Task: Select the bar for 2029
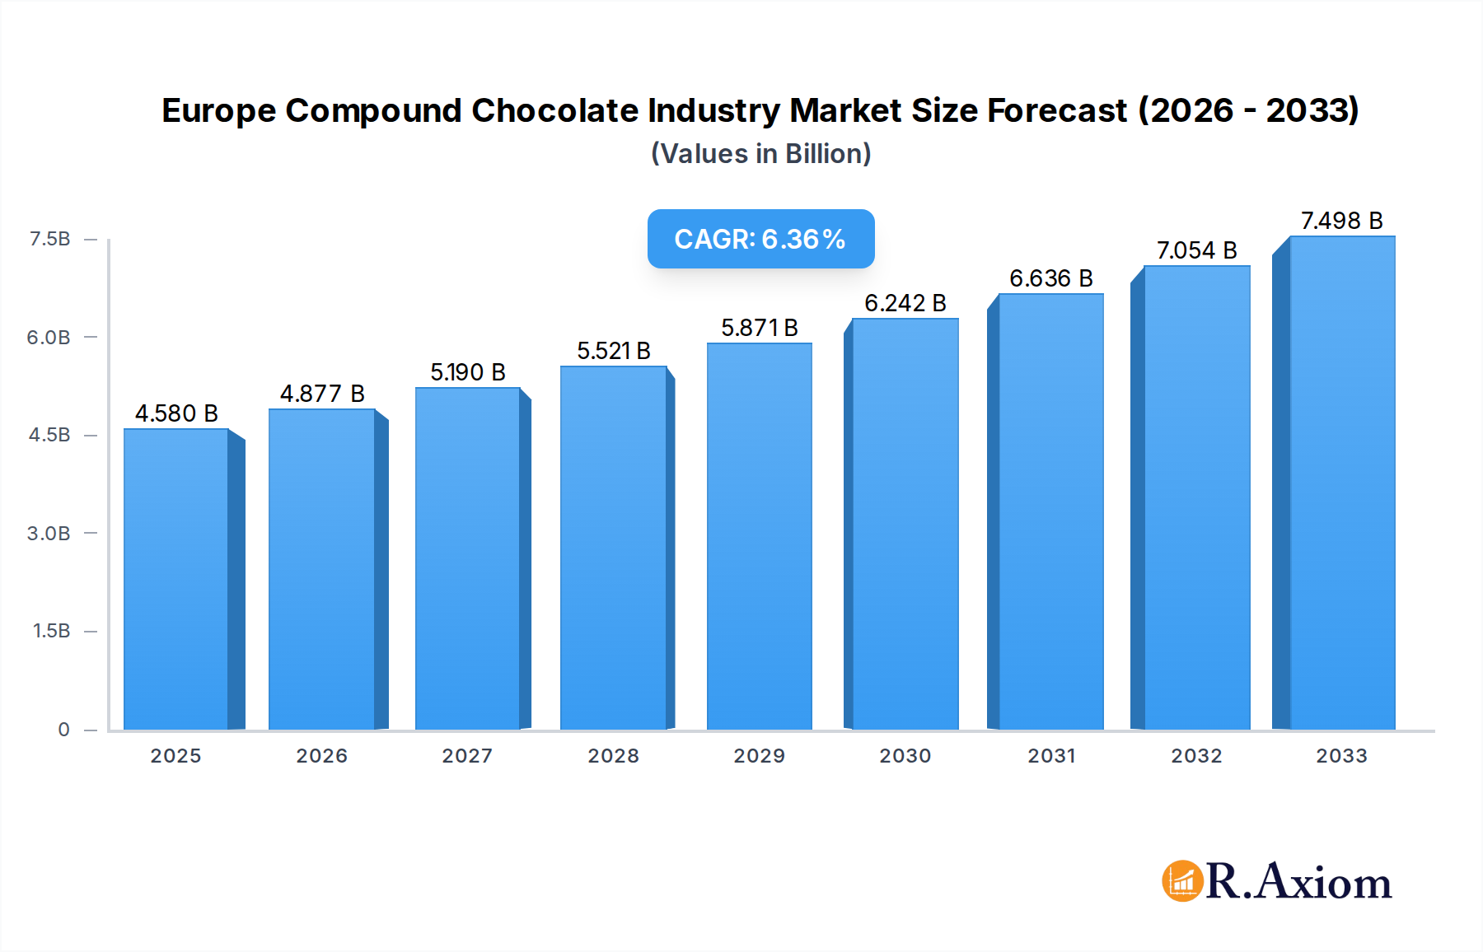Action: [x=759, y=536]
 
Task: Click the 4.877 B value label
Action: [x=322, y=394]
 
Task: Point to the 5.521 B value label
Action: [x=614, y=351]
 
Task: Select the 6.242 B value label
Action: [x=905, y=303]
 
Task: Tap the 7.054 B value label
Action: [x=1196, y=250]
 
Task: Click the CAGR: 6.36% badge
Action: [x=760, y=239]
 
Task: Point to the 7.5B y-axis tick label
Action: [x=49, y=239]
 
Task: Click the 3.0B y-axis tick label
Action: [x=49, y=533]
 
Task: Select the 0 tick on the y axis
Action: [x=63, y=729]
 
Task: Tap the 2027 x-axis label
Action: [x=467, y=755]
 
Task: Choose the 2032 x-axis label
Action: [x=1196, y=755]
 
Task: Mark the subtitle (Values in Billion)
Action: [x=760, y=153]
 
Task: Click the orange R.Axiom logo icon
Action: [x=1182, y=881]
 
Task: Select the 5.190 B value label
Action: [x=467, y=372]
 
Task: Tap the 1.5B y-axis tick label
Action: [x=51, y=631]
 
